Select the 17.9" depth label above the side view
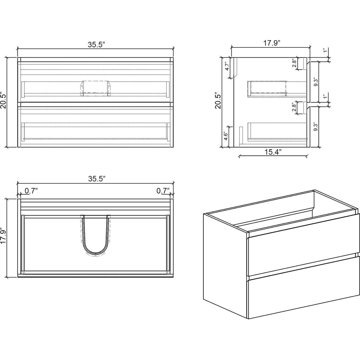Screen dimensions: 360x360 [x=272, y=43]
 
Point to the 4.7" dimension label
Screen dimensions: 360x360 [x=227, y=66]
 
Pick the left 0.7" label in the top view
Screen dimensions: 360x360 [x=31, y=190]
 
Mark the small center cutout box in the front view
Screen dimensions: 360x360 [x=94, y=88]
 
